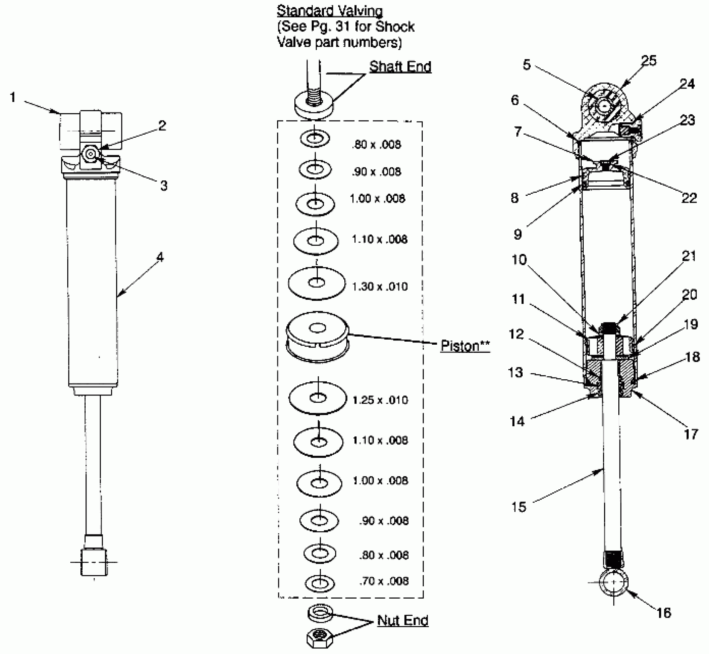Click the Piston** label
465,345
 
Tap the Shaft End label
400,67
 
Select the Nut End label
402,620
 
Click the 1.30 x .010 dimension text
380,287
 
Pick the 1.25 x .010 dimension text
380,400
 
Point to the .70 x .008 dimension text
384,581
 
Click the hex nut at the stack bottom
320,639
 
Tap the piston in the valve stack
317,337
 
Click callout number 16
664,613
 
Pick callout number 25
649,61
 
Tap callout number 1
13,97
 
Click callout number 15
518,507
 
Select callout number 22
689,198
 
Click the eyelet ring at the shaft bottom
613,582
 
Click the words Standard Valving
329,11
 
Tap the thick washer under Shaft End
314,106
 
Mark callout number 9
518,234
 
